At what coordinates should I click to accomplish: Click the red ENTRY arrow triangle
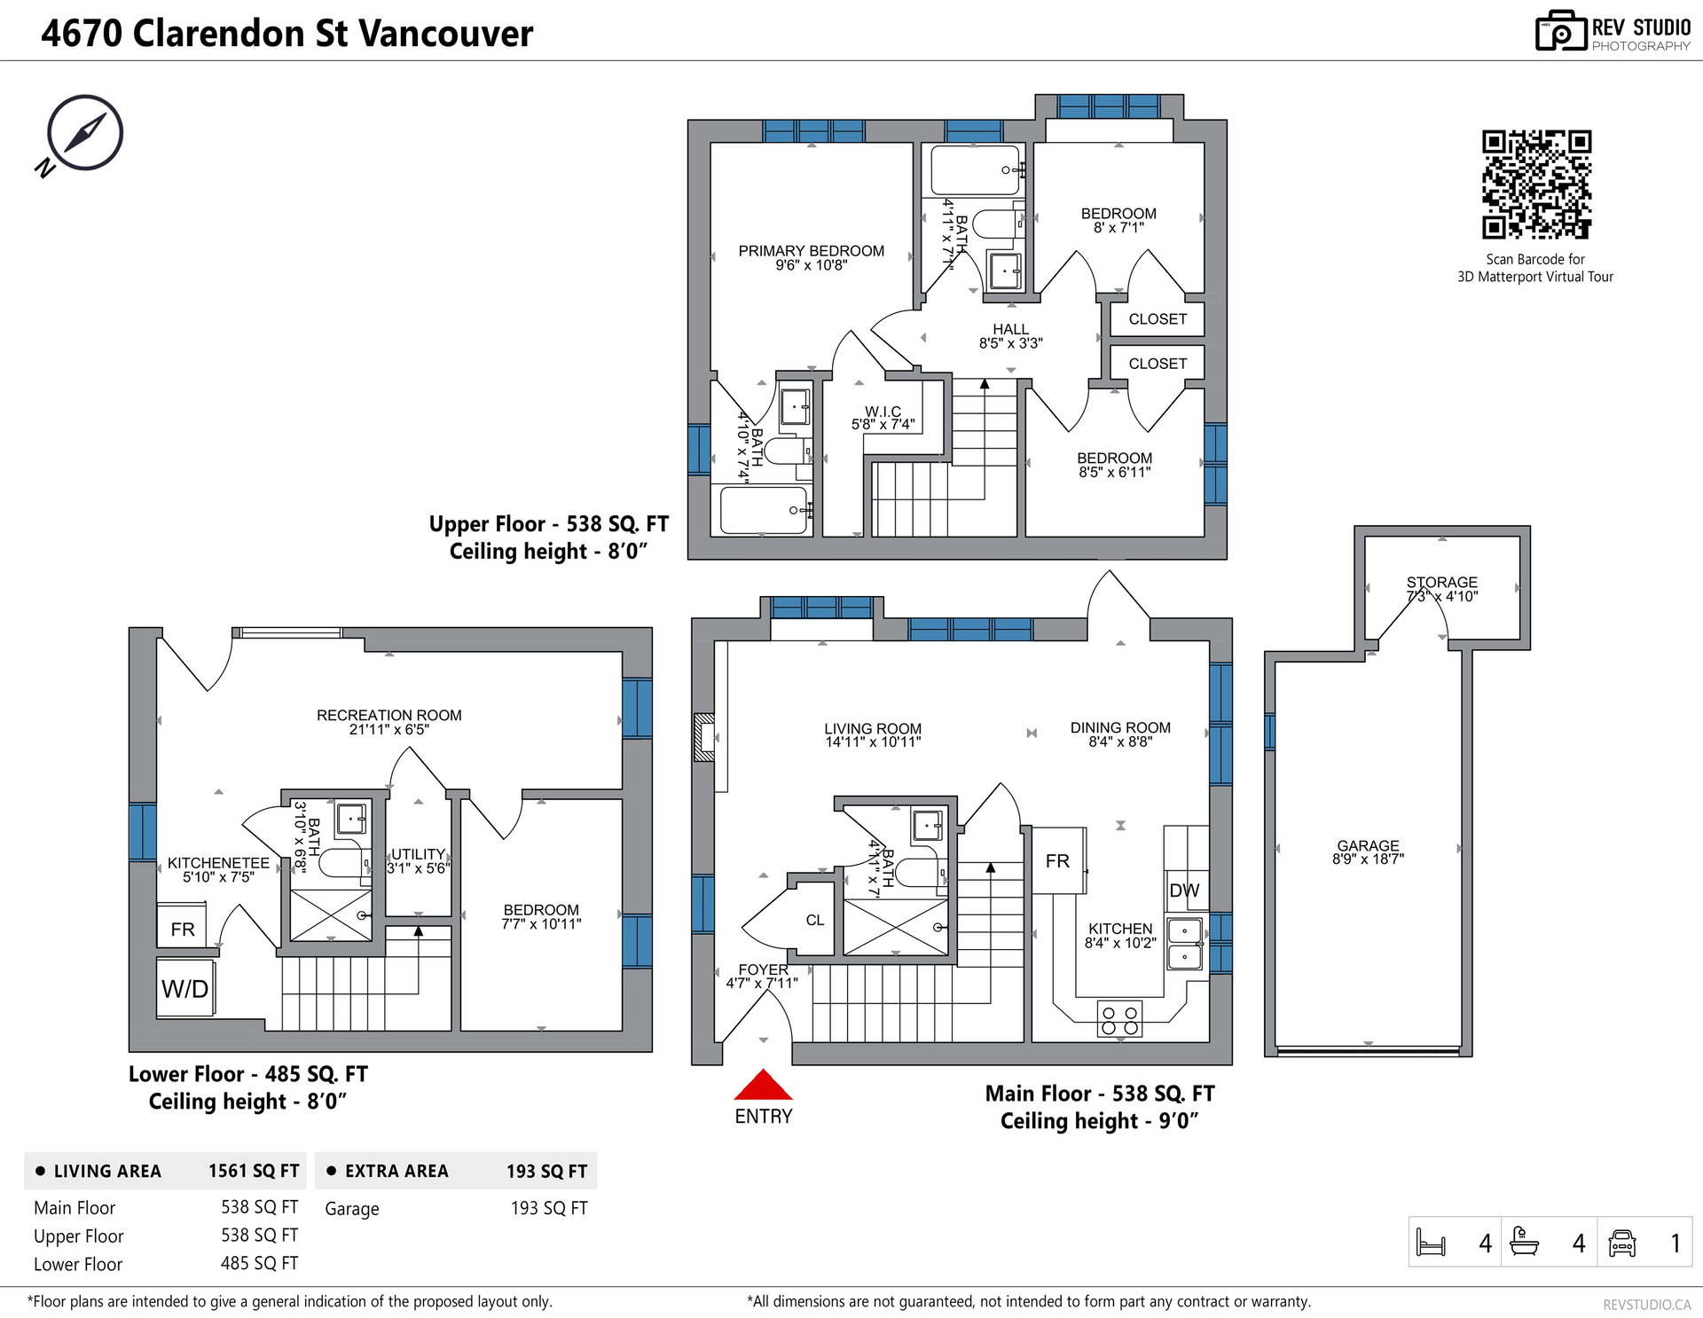763,1085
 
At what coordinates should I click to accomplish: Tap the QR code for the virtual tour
1536,184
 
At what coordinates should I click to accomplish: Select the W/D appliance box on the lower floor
185,989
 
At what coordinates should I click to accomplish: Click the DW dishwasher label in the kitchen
1184,890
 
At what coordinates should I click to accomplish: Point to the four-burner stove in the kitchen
1119,1019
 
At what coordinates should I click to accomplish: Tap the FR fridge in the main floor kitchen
1058,860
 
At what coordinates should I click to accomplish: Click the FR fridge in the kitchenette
182,928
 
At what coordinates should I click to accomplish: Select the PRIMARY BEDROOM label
811,251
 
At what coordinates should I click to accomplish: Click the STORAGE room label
1441,583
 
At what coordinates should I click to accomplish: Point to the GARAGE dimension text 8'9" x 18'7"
1368,859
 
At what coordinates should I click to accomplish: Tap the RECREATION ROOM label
389,715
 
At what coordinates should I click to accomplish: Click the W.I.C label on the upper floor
883,412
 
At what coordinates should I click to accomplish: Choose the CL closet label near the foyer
815,921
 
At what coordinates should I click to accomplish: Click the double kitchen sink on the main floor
1185,944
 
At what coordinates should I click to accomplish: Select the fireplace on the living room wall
704,737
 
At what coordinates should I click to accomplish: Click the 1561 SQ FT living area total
254,1171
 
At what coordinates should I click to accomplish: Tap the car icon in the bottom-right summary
1622,1243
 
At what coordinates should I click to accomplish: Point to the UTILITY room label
418,854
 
